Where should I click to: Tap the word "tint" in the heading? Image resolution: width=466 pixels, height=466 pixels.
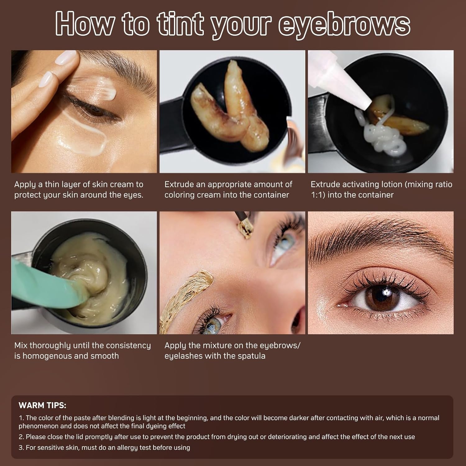[180, 24]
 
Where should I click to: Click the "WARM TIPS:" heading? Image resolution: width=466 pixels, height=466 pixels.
[42, 405]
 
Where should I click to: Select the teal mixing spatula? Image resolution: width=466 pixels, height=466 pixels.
[43, 280]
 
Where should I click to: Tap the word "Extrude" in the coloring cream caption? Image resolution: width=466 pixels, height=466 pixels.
[179, 184]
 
